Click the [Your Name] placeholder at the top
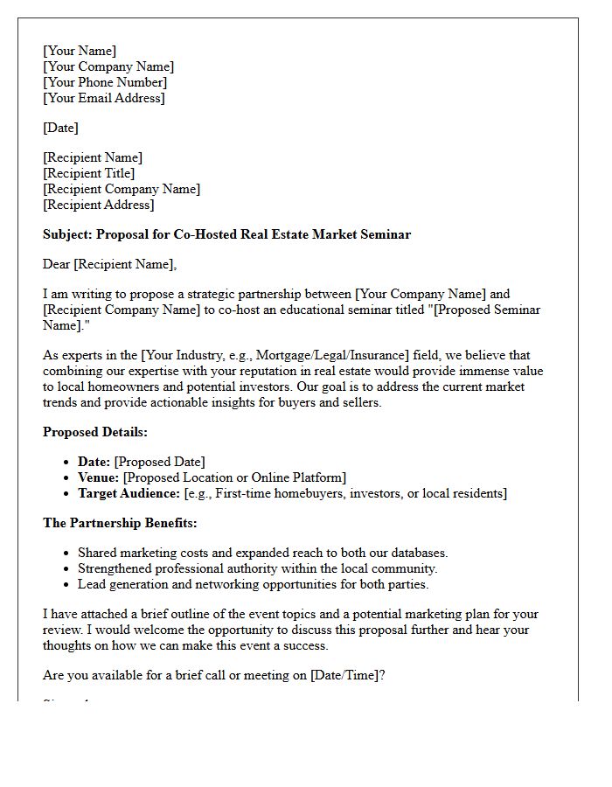click(x=80, y=51)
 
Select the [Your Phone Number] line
click(x=105, y=82)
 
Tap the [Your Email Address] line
click(x=103, y=98)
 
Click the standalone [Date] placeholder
click(x=60, y=128)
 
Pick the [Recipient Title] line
click(x=88, y=173)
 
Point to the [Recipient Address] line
click(x=98, y=205)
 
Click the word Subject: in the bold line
click(x=67, y=234)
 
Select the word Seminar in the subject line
click(x=384, y=234)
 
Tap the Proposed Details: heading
click(x=95, y=432)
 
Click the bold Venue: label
click(x=99, y=477)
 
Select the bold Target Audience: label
click(x=129, y=493)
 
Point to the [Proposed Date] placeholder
click(x=159, y=462)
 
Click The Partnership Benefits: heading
click(x=120, y=523)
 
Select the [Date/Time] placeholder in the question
click(x=345, y=675)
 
